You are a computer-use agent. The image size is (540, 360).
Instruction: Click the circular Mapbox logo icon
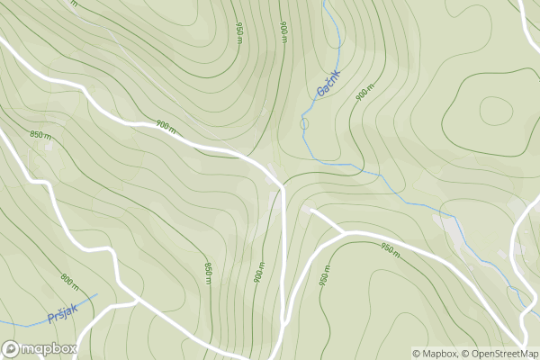coord(12,348)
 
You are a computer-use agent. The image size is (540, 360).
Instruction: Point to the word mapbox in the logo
coord(50,348)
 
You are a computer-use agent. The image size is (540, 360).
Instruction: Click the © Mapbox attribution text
coord(435,353)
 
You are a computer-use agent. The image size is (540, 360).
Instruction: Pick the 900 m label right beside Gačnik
coord(363,94)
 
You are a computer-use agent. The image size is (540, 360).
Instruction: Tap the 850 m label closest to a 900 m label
coord(208,268)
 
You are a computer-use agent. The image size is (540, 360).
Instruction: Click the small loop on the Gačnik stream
coord(304,123)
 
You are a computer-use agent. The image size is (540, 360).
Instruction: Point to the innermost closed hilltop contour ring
coord(495,111)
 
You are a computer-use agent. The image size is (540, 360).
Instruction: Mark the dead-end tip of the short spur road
coord(311,211)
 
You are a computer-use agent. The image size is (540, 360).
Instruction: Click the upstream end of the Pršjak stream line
coord(95,294)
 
